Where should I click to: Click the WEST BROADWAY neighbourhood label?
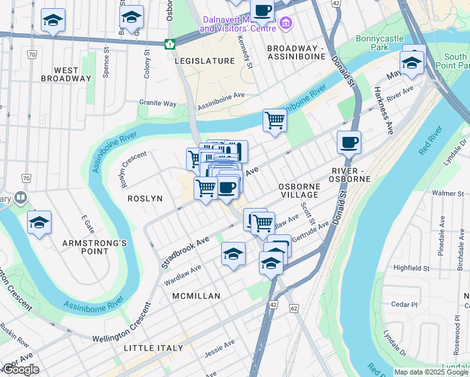pyautogui.click(x=66, y=74)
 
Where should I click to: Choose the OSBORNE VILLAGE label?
pyautogui.click(x=299, y=190)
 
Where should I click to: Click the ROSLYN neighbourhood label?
pyautogui.click(x=145, y=198)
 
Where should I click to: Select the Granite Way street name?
pyautogui.click(x=158, y=103)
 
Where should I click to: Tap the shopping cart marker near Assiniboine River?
pyautogui.click(x=275, y=119)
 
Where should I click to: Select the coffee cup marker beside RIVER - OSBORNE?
pyautogui.click(x=349, y=142)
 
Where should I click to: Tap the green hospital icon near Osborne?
pyautogui.click(x=169, y=44)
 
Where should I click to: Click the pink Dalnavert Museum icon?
pyautogui.click(x=286, y=24)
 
